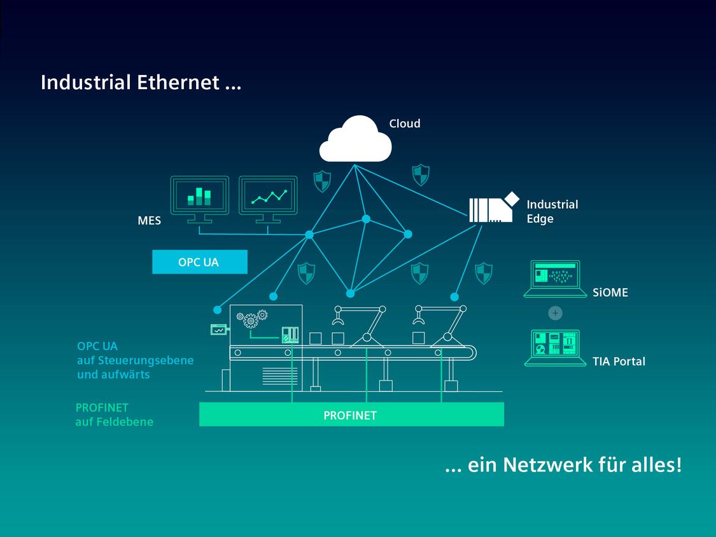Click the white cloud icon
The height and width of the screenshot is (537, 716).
click(354, 140)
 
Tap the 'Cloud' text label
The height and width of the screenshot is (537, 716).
click(405, 123)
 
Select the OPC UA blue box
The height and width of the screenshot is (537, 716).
click(199, 262)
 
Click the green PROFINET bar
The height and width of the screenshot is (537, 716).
click(351, 415)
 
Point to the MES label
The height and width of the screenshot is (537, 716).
click(150, 221)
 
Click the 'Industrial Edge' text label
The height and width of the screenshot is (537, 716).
click(552, 211)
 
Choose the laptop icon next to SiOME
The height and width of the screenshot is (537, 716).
click(555, 279)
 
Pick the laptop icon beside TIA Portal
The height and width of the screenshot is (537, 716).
click(555, 347)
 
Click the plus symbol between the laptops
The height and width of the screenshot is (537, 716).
click(555, 313)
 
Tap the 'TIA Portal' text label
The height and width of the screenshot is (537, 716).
click(619, 361)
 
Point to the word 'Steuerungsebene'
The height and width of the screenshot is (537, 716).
click(146, 361)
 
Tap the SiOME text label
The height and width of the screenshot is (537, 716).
click(610, 293)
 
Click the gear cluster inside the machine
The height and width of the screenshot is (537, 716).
click(251, 317)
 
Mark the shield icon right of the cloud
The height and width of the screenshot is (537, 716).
click(420, 174)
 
